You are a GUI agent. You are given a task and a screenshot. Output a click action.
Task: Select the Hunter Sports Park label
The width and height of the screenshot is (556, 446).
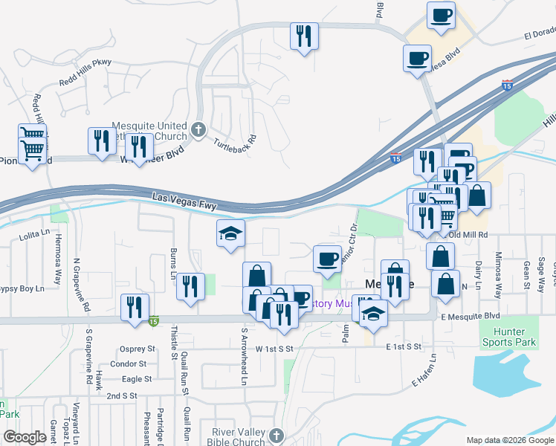[x=514, y=337]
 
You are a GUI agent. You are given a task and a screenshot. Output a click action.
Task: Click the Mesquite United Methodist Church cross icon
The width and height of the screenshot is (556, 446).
[x=198, y=129]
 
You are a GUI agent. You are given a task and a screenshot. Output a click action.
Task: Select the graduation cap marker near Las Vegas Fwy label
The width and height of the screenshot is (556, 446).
[x=230, y=234]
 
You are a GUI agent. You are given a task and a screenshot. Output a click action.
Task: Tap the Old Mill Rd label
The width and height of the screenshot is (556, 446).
[x=468, y=234]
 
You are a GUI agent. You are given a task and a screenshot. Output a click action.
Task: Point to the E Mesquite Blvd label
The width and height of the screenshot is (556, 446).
[x=470, y=316]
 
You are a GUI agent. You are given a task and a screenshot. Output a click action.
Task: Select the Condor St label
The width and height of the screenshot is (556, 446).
[x=128, y=363]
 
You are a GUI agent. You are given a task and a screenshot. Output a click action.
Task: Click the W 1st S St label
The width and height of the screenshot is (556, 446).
[x=274, y=348]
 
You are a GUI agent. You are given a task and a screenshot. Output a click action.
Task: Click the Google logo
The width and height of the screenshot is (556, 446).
[x=25, y=436]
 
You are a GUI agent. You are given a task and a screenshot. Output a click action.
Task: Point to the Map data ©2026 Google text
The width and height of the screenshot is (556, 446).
[x=509, y=440]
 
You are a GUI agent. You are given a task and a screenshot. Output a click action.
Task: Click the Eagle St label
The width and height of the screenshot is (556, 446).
[x=138, y=378]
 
